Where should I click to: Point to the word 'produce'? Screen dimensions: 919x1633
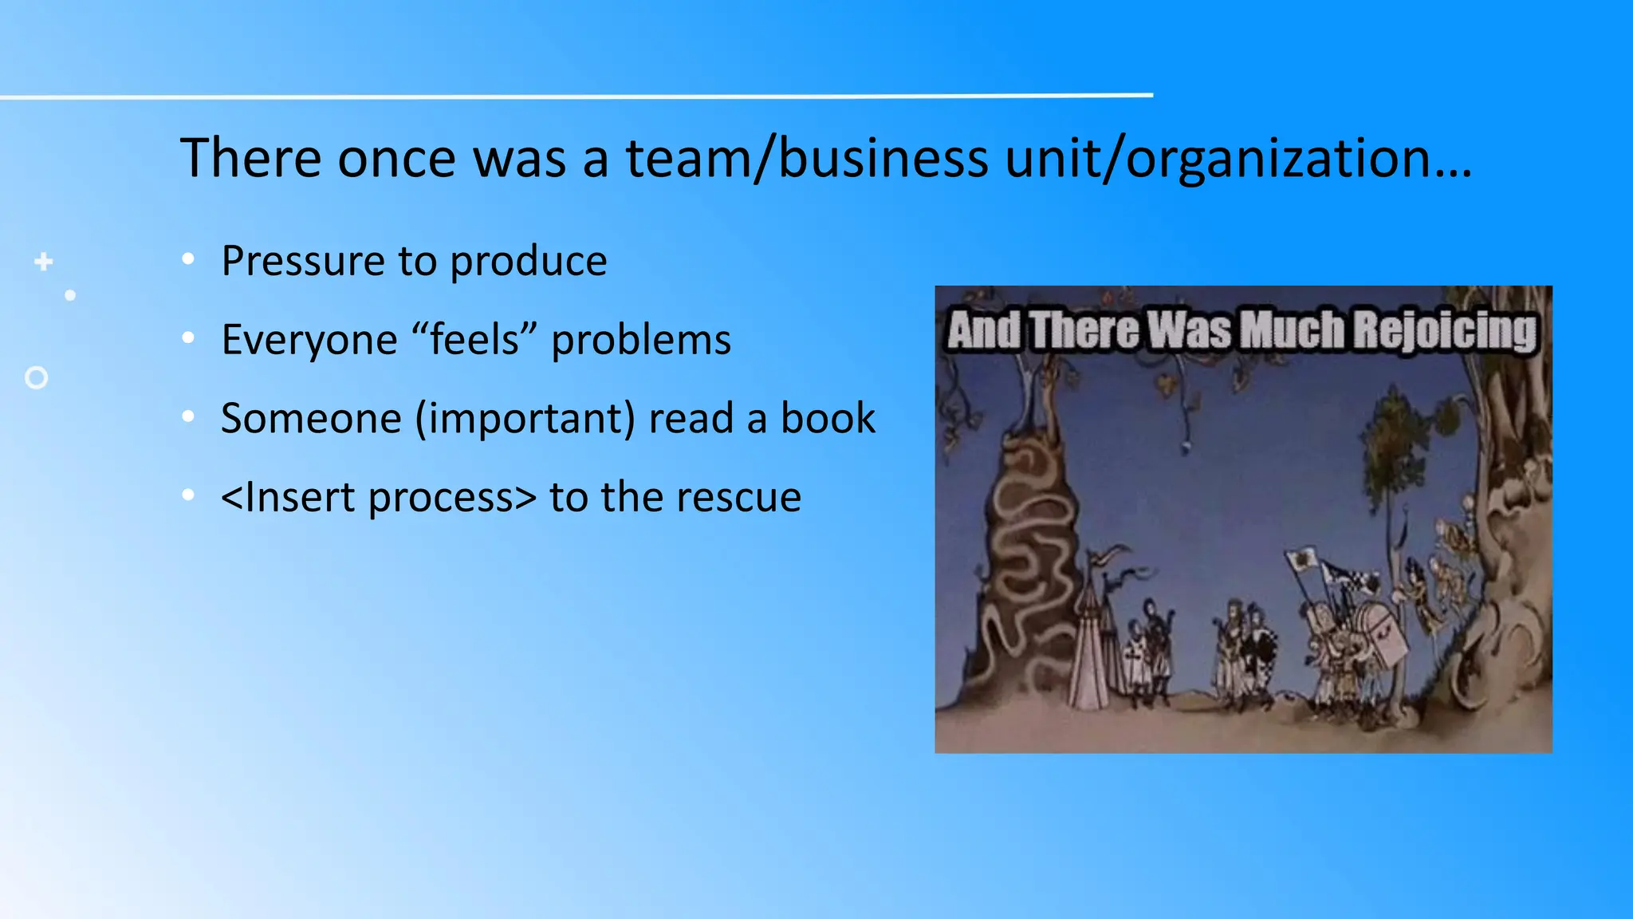pyautogui.click(x=528, y=262)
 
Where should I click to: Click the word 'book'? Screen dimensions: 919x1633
pyautogui.click(x=828, y=418)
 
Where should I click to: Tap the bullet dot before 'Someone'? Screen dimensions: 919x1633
pyautogui.click(x=188, y=416)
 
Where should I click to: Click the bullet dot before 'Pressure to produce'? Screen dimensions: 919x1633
pyautogui.click(x=188, y=258)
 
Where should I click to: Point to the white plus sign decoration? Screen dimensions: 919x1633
pyautogui.click(x=44, y=262)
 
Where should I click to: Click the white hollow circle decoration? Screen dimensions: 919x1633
pyautogui.click(x=37, y=377)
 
